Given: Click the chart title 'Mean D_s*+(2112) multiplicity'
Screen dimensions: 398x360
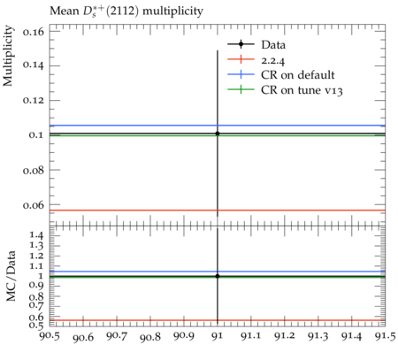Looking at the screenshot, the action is coord(126,11).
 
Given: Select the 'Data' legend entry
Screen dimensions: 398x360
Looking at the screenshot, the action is coord(256,44).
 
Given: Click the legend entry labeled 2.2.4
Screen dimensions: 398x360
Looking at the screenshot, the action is coord(256,60).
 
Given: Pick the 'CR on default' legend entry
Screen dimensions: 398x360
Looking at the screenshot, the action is coord(281,74).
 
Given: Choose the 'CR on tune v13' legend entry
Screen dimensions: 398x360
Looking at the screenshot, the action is coord(285,89).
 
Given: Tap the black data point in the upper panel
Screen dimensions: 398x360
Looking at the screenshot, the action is coord(218,134).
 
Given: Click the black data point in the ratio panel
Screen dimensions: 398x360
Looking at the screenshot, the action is coord(218,276).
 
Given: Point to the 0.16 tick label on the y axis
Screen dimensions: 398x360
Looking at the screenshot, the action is coord(34,31).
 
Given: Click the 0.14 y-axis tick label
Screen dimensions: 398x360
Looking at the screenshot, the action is coord(34,65).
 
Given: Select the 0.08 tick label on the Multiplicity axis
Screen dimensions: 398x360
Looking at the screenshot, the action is coord(34,170).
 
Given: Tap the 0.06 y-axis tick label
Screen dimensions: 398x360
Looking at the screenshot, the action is coord(34,204).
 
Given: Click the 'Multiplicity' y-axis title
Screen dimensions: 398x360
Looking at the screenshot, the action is coord(8,56).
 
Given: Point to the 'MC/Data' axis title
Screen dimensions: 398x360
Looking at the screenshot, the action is coord(11,276).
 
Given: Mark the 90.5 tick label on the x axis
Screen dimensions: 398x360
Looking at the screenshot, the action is coord(50,336).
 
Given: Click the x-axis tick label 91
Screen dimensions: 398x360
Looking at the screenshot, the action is coord(218,336).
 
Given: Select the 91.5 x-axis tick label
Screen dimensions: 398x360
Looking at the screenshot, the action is coord(386,336).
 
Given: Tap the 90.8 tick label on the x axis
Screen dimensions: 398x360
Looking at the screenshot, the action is coord(150,336).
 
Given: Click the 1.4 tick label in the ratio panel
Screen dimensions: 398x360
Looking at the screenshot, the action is coord(37,235).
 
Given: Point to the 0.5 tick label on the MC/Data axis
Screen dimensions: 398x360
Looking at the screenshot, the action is coord(37,326).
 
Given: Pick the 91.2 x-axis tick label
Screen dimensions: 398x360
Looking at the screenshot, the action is coord(285,336).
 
